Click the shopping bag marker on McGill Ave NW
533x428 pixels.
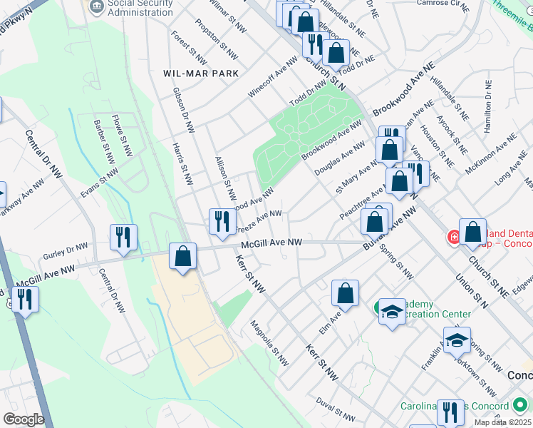pos(183,257)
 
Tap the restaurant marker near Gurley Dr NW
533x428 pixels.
pos(123,238)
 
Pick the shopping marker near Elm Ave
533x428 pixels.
pos(345,293)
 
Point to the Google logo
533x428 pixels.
pos(24,419)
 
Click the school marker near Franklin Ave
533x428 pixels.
pos(457,340)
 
